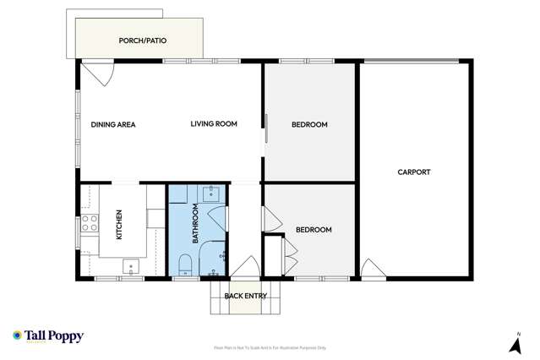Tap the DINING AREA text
[x=113, y=124]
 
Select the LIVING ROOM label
[x=213, y=124]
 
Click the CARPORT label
[x=414, y=172]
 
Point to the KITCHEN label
[x=119, y=225]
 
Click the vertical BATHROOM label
[x=195, y=223]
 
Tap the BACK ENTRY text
[x=245, y=296]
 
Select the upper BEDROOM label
[x=309, y=125]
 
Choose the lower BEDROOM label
[x=314, y=230]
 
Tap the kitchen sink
[x=130, y=267]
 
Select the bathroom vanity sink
[x=211, y=195]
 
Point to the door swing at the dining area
[x=95, y=74]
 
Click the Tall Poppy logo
[x=48, y=336]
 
